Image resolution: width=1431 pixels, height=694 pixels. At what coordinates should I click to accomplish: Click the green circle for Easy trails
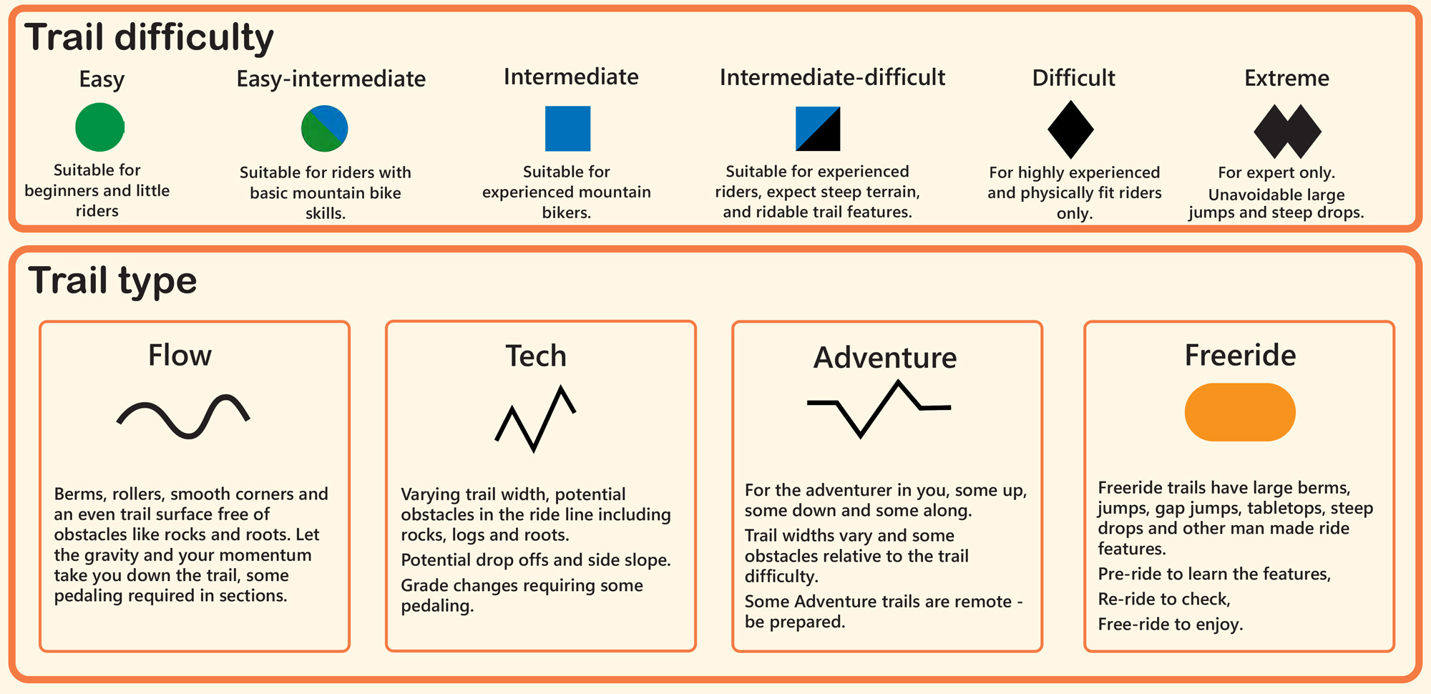coord(100,127)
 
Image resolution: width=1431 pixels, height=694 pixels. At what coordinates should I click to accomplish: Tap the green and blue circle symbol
coord(325,129)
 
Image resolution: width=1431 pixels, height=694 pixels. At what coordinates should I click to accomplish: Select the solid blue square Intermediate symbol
coord(568,129)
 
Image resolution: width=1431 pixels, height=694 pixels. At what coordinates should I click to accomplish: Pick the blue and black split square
coord(818,129)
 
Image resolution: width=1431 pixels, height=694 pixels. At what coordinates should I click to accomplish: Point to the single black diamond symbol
coord(1071,129)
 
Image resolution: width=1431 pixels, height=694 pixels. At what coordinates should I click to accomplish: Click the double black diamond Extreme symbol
coord(1287,132)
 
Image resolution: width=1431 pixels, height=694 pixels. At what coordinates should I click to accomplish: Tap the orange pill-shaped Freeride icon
coord(1240,412)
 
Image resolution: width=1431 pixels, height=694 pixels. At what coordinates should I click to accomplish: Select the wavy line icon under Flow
coord(183,416)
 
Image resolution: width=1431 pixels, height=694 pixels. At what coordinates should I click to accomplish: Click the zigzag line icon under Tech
coord(535,419)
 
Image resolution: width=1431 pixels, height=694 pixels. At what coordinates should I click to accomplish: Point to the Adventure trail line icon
coord(879,409)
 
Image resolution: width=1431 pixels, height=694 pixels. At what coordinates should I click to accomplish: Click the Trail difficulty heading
coord(149,38)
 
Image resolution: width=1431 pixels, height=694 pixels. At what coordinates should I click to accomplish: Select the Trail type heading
coord(112,280)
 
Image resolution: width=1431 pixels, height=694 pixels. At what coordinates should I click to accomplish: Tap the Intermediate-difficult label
coord(832,77)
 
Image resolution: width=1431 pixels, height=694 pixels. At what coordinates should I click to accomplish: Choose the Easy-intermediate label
coord(331,79)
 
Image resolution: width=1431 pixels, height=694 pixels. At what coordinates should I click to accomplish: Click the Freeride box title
coord(1240,355)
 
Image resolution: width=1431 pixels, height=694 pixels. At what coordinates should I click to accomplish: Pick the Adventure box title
coord(885,358)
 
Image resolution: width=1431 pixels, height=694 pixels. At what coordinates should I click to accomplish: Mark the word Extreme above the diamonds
coord(1286,78)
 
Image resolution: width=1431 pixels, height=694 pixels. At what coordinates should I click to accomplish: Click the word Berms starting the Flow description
coord(79,494)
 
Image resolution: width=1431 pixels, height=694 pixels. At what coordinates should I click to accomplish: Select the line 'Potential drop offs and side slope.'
coord(536,560)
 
